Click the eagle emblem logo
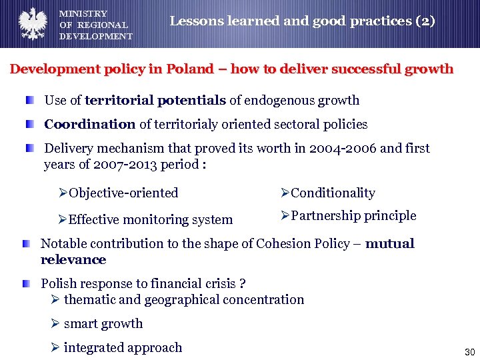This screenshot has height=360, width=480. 31,24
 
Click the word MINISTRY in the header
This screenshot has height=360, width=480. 83,14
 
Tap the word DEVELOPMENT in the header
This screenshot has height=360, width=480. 96,37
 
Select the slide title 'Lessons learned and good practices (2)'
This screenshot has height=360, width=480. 302,21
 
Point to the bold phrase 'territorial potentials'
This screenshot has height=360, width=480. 155,101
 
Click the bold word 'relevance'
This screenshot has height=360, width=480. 73,260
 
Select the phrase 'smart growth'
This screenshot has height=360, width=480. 103,324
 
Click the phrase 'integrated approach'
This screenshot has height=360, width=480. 123,348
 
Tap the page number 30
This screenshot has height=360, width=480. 469,351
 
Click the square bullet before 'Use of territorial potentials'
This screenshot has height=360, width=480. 31,101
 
